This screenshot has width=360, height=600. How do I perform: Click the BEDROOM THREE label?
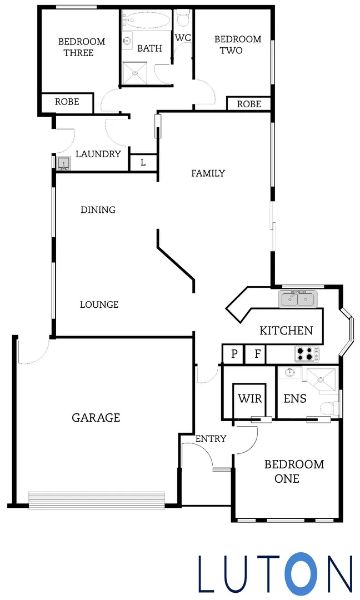[x=82, y=47]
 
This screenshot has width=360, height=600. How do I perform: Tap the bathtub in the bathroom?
[x=143, y=21]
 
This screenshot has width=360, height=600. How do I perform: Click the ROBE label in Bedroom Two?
[x=249, y=104]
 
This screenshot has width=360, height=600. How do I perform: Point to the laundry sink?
[x=63, y=162]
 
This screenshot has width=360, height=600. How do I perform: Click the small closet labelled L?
[x=143, y=163]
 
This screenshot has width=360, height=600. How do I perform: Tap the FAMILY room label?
[x=208, y=173]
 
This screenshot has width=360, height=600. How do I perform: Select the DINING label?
[x=98, y=210]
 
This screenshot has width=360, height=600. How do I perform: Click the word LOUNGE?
[x=99, y=304]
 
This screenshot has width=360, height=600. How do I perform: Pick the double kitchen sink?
[x=298, y=299]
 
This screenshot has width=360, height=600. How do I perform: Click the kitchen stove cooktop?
[x=307, y=353]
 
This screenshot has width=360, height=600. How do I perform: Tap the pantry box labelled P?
[x=234, y=354]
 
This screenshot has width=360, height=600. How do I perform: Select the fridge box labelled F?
[x=257, y=354]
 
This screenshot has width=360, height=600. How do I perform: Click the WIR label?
[x=249, y=399]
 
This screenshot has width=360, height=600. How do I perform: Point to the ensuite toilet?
[x=329, y=408]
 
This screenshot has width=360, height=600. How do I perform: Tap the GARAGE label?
[x=96, y=418]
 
